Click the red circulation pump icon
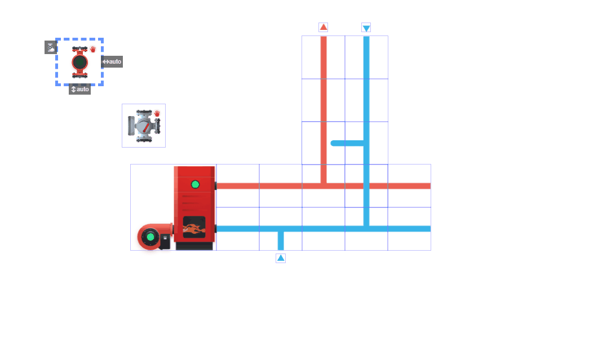point(79,62)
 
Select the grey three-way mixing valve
point(144,126)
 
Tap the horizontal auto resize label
point(112,61)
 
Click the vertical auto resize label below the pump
point(79,90)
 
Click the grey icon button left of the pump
point(51,47)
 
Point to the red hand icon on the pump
point(93,49)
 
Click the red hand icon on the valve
point(157,113)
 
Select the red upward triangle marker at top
point(324,27)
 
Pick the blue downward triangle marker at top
point(366,28)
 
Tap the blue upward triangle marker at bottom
point(281,258)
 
